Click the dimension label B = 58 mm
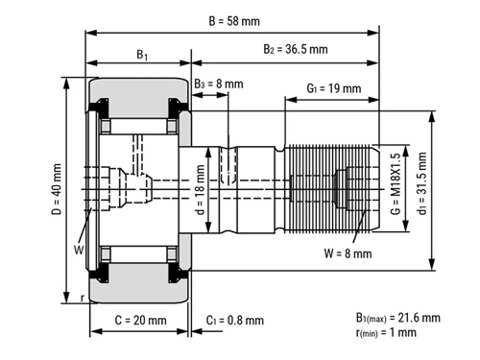click(234, 21)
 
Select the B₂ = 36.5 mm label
click(296, 49)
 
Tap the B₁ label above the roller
click(142, 55)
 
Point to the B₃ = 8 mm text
click(219, 84)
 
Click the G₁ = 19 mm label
click(334, 88)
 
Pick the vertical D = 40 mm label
click(57, 189)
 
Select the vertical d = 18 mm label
click(200, 189)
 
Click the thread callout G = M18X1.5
click(396, 183)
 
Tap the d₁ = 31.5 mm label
click(421, 183)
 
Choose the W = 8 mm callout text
click(348, 253)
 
